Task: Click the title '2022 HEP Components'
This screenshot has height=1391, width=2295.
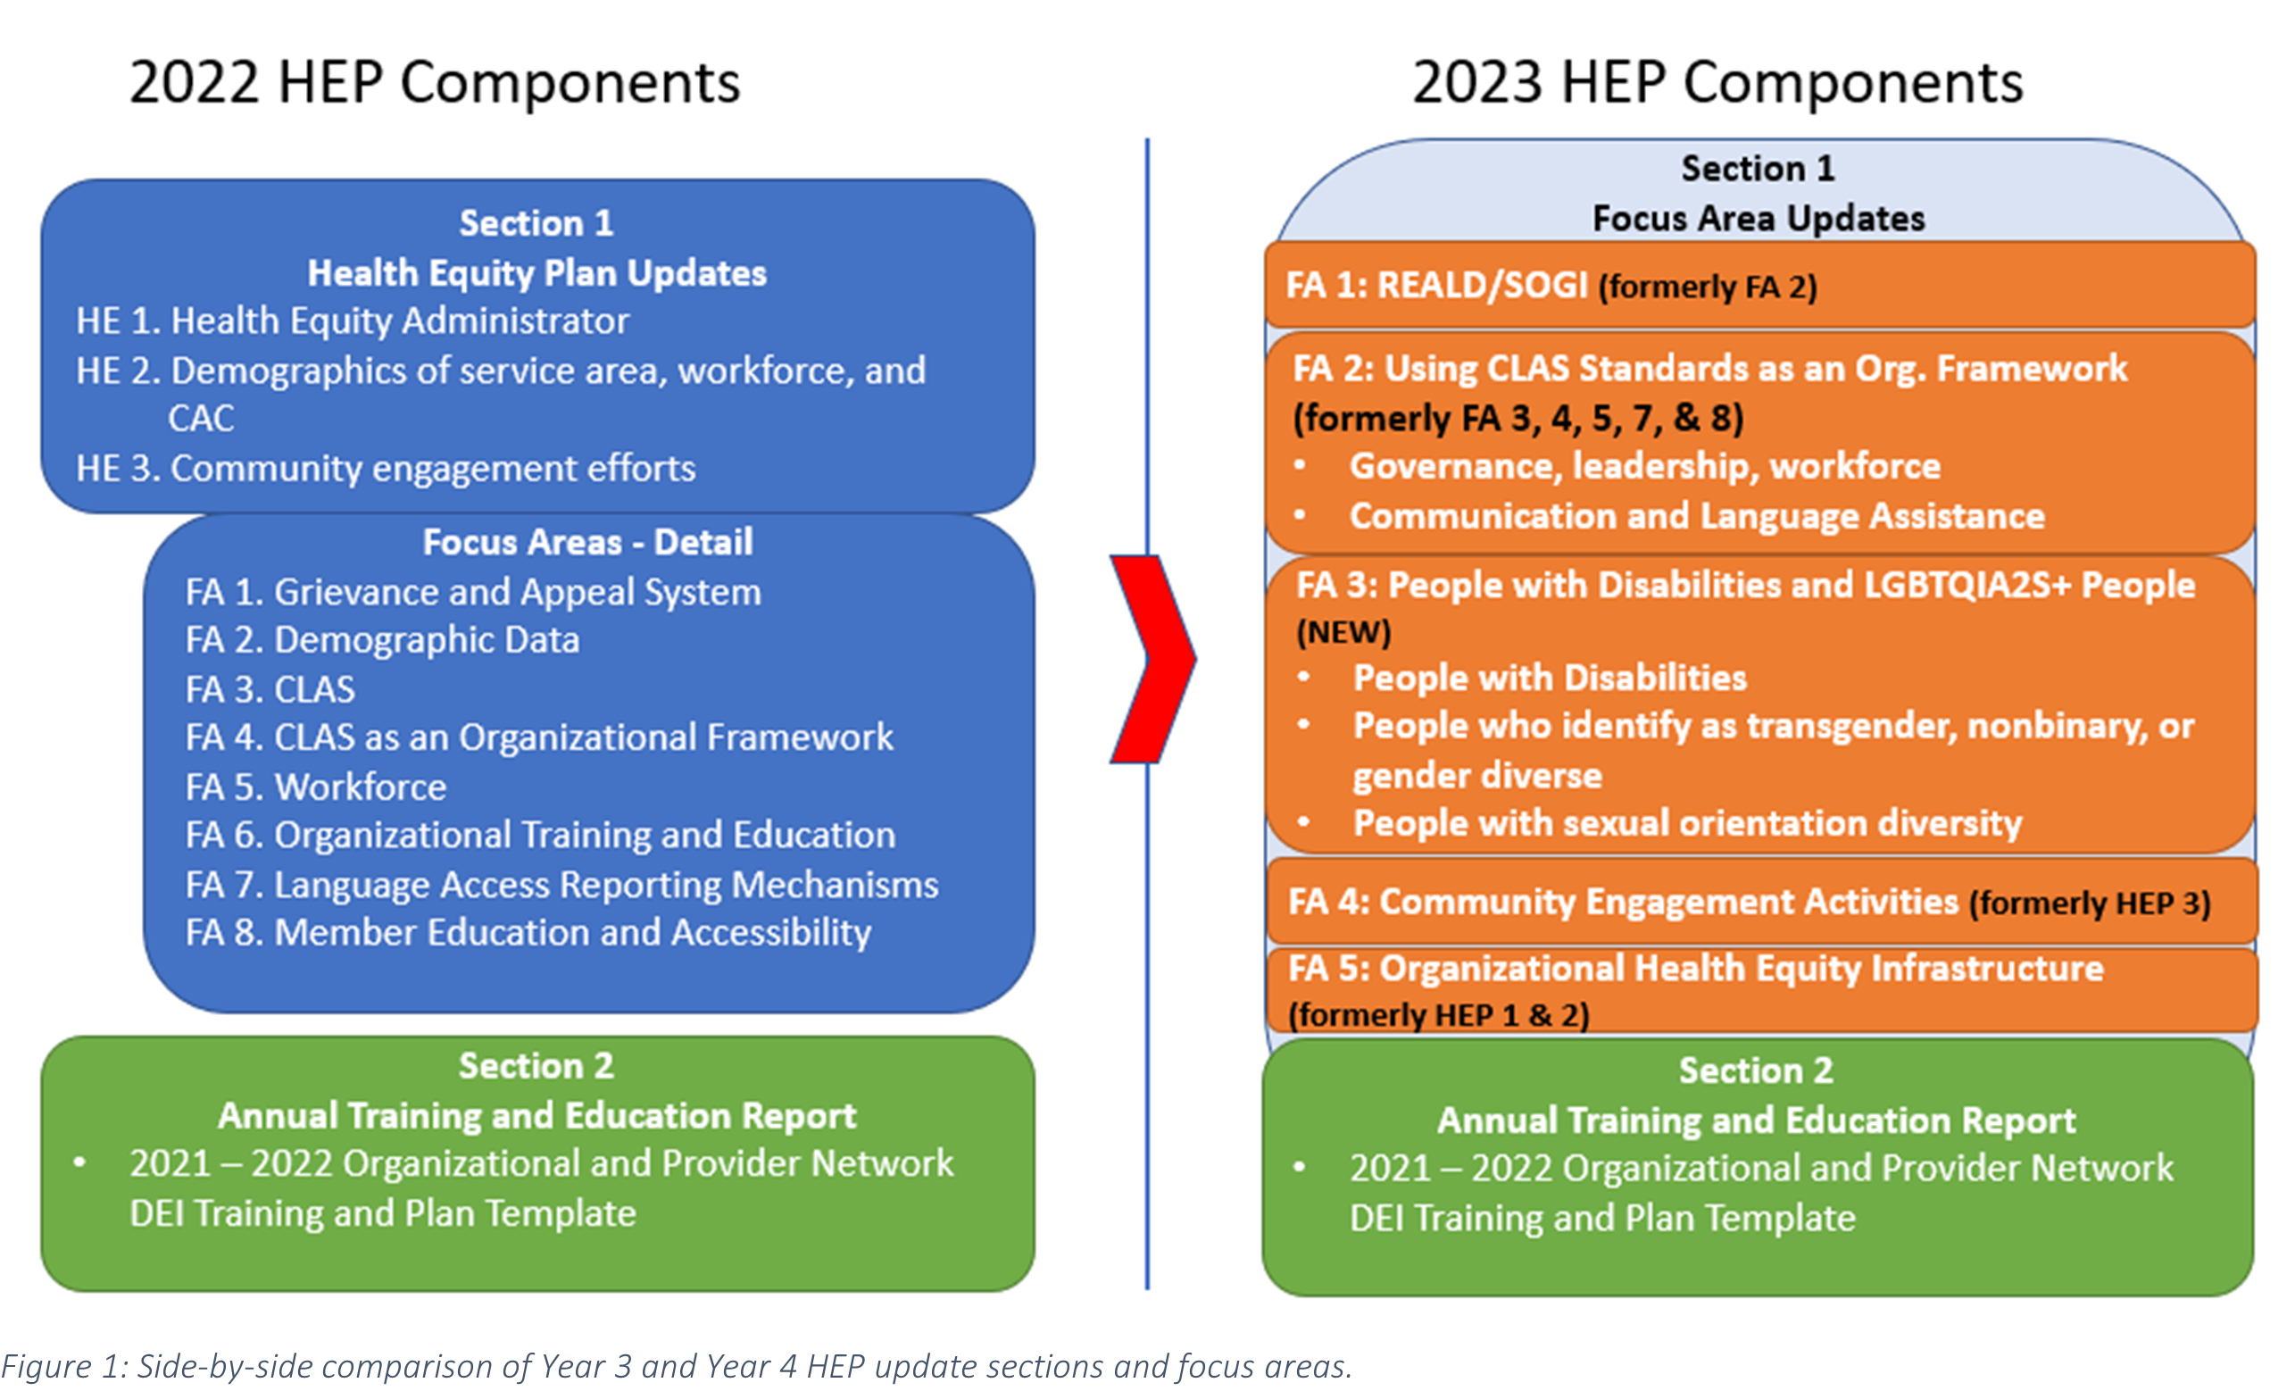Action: tap(435, 83)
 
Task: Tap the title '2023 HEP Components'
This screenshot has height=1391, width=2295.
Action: tap(1717, 83)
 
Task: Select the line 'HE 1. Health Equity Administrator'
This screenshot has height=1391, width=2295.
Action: tap(353, 321)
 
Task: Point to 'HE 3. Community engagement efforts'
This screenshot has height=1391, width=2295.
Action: tap(386, 468)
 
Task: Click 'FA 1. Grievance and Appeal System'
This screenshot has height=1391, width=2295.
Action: tap(473, 592)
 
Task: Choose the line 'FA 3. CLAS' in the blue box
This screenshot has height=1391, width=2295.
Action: tap(270, 689)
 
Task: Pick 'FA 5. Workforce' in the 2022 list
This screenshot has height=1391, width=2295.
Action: tap(316, 787)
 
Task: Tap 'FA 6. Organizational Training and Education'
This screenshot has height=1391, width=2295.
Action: tap(540, 835)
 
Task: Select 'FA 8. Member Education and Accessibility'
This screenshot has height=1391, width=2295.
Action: tap(528, 933)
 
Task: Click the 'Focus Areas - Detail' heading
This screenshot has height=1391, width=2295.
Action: tap(587, 541)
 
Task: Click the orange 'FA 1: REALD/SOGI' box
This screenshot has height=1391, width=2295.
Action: tap(1759, 284)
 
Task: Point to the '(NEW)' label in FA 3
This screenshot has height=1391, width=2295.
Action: tap(1344, 633)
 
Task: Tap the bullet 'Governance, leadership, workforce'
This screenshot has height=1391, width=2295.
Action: tap(1645, 466)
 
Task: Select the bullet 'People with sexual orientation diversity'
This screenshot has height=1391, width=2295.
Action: tap(1688, 823)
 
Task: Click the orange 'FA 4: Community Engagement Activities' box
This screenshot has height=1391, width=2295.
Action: tap(1761, 901)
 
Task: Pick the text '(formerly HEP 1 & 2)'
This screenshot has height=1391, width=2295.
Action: tap(1439, 1014)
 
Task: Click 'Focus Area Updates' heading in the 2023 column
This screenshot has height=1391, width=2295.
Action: tap(1759, 218)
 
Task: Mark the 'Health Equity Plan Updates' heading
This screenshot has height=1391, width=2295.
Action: tap(537, 273)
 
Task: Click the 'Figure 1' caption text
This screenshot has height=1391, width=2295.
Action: tap(677, 1366)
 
